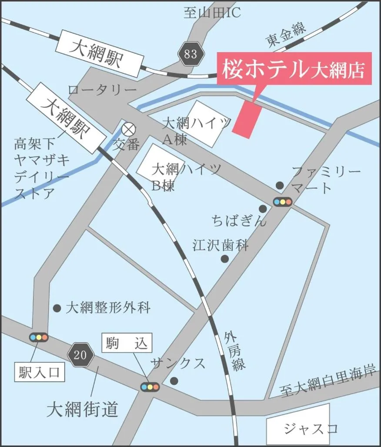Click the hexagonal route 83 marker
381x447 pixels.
coord(190,54)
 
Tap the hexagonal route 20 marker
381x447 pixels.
coord(81,355)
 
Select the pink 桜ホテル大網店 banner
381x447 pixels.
coord(294,69)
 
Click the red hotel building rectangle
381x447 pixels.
coord(248,118)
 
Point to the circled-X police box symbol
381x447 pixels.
coord(128,129)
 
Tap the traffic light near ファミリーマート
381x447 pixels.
coord(283,202)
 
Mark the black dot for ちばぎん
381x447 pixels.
coord(263,209)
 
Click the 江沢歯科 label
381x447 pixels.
coord(221,245)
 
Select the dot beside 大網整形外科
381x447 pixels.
coord(57,308)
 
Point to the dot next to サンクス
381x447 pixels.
coord(174,381)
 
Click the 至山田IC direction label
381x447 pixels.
coord(212,13)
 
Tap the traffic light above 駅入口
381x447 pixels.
coord(38,337)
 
